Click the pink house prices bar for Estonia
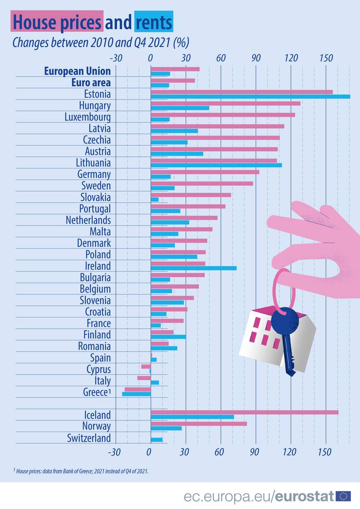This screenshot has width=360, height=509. [x=242, y=92]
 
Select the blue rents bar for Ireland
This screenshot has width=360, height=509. [x=194, y=268]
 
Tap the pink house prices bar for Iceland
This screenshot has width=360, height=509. [x=245, y=412]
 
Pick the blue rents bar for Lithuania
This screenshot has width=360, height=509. [x=216, y=165]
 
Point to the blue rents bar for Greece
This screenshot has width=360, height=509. [x=137, y=394]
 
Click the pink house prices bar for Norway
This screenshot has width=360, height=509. [x=199, y=423]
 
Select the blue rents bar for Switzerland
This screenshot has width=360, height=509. [x=157, y=439]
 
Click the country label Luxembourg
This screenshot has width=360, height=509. [x=88, y=117]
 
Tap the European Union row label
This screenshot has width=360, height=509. [x=77, y=71]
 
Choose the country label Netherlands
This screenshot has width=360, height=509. [x=88, y=220]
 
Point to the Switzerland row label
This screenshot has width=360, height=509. [x=89, y=438]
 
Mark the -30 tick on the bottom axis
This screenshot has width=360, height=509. [x=114, y=452]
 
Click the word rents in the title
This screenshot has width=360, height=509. [x=154, y=22]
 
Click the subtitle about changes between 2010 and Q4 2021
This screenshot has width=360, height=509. [x=101, y=43]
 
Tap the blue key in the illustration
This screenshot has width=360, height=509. [x=286, y=335]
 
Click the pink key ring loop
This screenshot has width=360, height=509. [x=284, y=290]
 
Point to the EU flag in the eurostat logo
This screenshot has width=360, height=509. [x=343, y=496]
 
